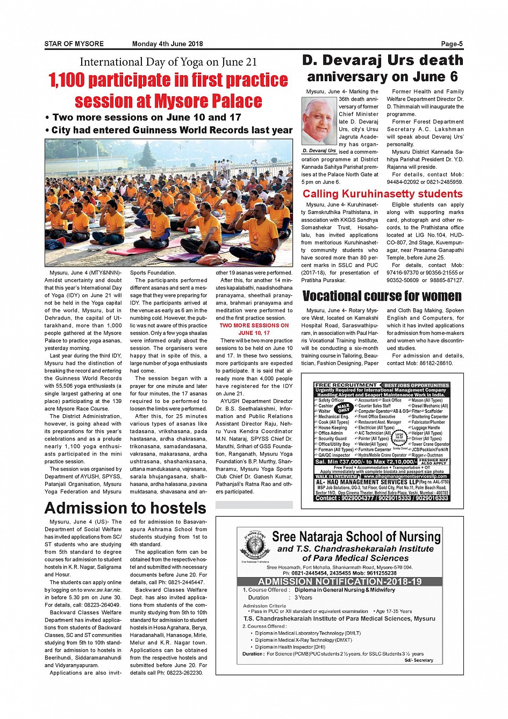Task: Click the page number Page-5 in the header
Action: tap(452, 44)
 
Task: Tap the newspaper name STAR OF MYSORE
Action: tap(74, 44)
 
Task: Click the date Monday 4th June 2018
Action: tap(167, 44)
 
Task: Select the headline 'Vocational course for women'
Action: tap(382, 296)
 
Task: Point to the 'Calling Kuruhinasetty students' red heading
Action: tap(382, 194)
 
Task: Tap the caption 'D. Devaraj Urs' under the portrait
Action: tap(319, 151)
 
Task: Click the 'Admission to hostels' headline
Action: tap(125, 508)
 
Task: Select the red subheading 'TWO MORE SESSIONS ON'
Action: tap(254, 325)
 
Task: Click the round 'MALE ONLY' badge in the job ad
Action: tap(344, 408)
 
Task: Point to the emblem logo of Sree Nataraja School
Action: tap(255, 544)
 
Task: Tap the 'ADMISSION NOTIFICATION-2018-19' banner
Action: tap(340, 582)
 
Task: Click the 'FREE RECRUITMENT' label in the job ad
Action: tap(346, 386)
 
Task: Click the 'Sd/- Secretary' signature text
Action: tap(419, 660)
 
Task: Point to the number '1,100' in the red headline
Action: tap(67, 80)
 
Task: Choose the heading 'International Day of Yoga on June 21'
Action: tap(168, 62)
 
